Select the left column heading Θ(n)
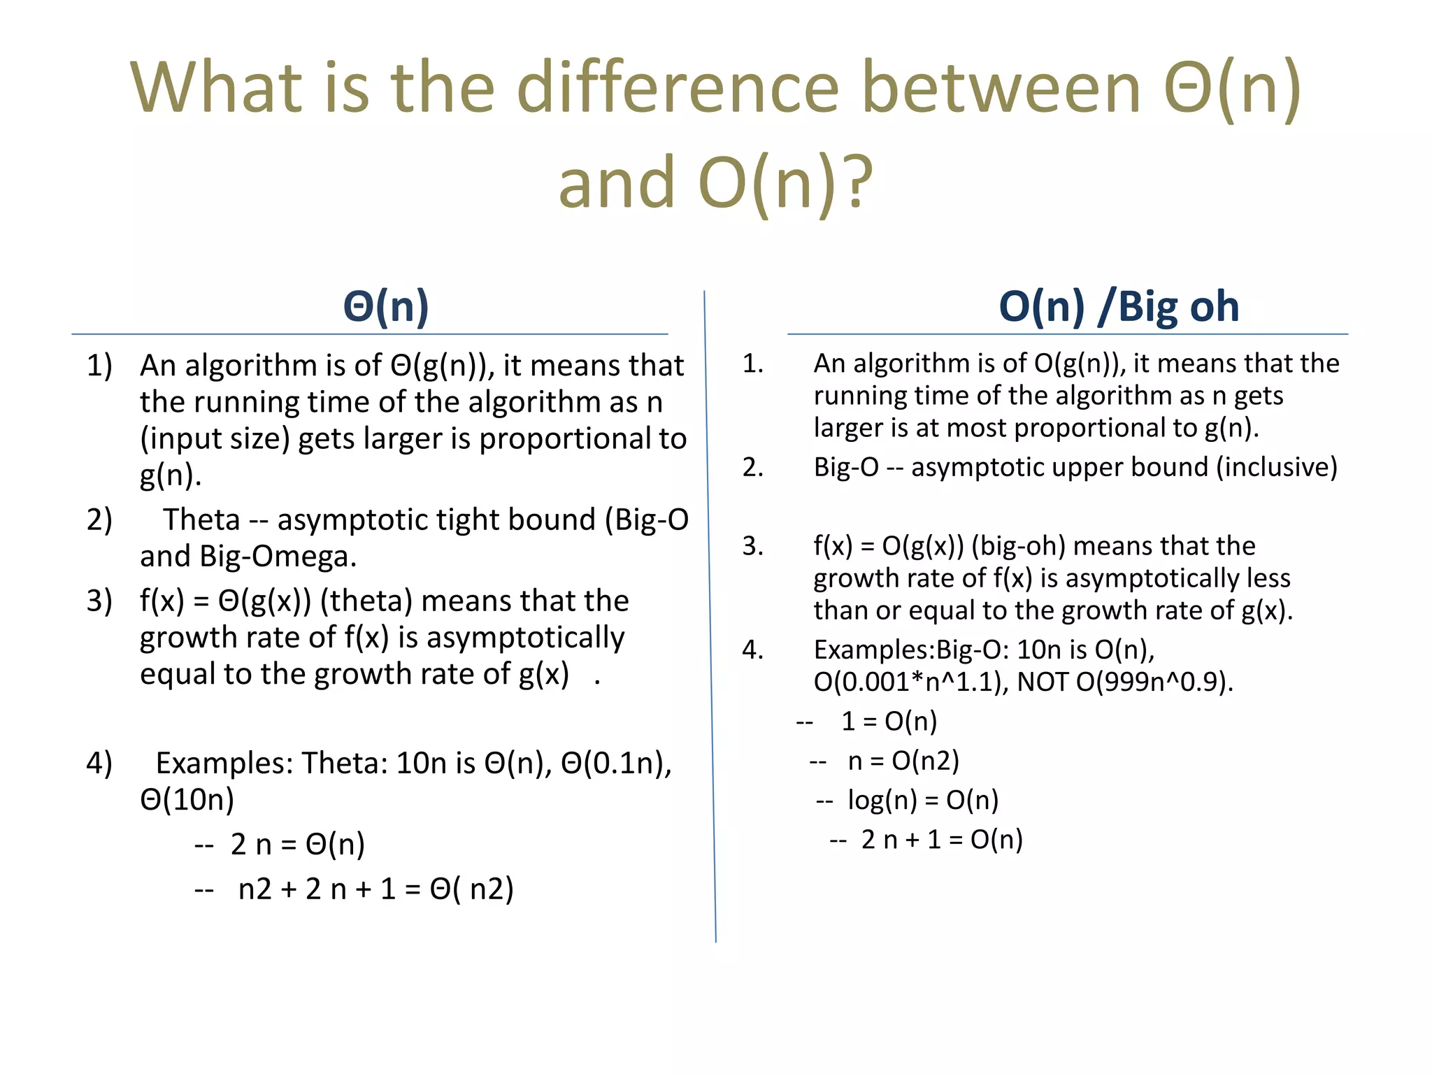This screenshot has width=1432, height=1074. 386,306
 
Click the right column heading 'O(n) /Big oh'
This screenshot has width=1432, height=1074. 1119,306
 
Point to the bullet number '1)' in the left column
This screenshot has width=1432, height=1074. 99,366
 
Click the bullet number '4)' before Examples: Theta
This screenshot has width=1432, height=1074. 99,763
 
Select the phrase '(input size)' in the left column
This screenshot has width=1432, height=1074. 215,439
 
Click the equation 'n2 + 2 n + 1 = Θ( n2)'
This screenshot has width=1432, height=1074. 375,889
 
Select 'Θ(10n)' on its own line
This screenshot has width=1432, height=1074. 187,800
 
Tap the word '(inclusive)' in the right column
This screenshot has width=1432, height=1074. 1276,467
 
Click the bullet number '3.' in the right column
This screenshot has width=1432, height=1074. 752,546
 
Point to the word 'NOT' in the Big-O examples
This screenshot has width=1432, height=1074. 1043,682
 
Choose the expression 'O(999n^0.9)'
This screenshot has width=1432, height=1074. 1154,682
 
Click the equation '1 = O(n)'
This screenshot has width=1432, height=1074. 889,722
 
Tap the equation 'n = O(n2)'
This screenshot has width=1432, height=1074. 903,761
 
